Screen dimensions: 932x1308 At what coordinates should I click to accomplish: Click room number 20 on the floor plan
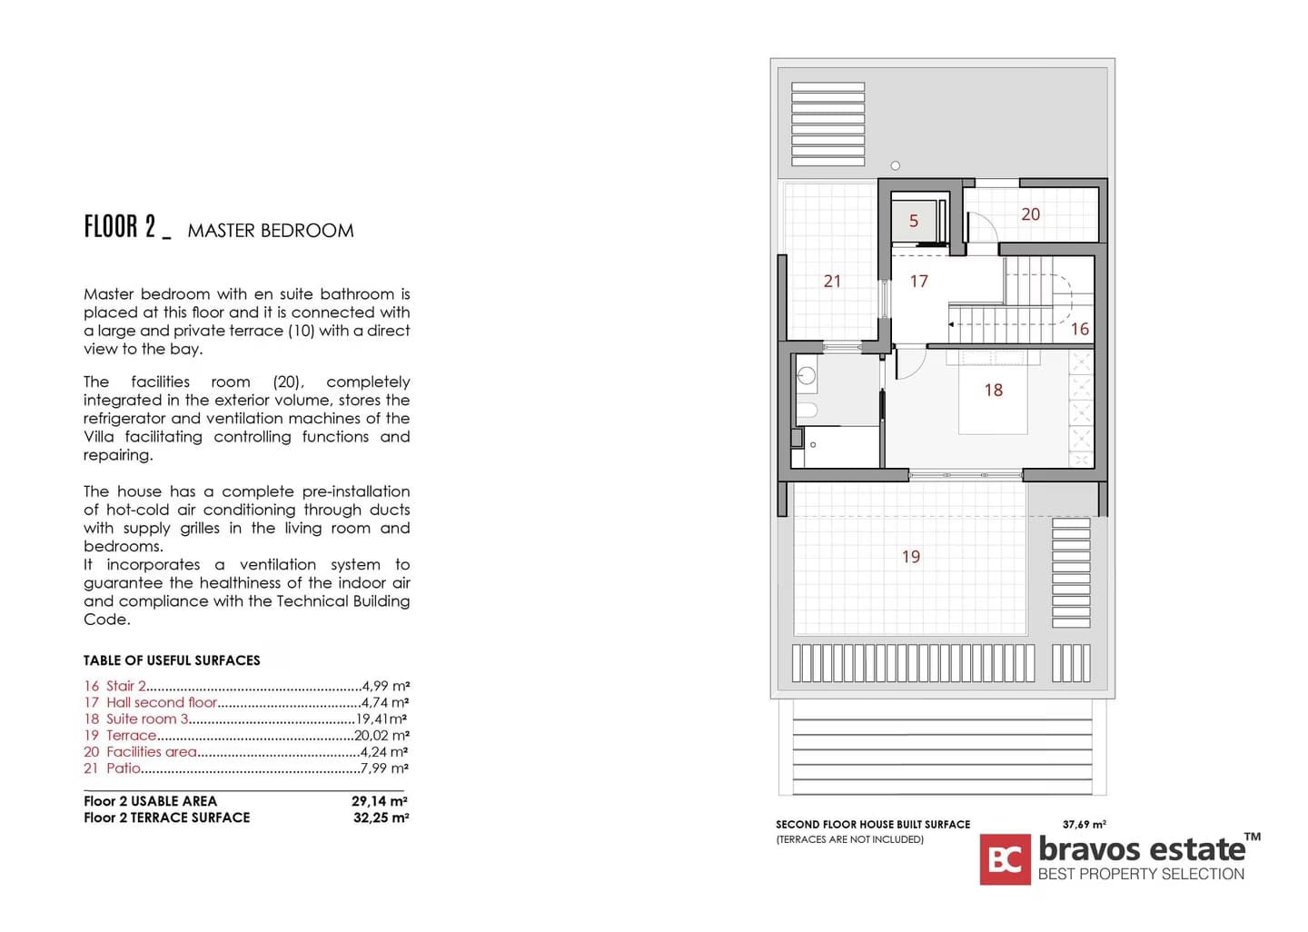[1030, 214]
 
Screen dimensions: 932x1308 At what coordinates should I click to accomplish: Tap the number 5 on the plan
[914, 221]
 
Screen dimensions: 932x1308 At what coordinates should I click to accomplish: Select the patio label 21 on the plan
[832, 282]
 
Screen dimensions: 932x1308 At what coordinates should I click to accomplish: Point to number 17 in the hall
[919, 282]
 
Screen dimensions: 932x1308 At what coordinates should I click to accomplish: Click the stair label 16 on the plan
[1079, 329]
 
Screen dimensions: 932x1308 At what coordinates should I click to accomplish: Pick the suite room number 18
[994, 391]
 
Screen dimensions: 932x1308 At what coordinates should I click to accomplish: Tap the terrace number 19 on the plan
[911, 557]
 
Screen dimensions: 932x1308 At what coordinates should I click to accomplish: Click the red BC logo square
[1005, 859]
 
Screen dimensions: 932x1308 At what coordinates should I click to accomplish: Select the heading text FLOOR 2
[120, 227]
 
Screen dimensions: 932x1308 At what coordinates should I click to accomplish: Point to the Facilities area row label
[151, 752]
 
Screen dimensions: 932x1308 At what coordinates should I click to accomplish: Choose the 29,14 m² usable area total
[380, 801]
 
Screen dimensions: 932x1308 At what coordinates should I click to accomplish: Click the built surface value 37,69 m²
[1084, 825]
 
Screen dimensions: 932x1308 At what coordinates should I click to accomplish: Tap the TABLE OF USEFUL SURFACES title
[172, 660]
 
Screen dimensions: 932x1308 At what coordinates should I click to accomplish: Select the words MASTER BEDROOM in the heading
[271, 231]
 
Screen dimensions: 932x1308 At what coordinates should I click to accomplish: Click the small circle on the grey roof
[896, 165]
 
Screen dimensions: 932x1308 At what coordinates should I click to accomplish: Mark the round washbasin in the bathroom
[805, 374]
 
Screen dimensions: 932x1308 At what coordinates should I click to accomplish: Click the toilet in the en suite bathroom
[807, 411]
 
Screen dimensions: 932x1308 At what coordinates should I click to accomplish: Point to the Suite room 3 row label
[147, 719]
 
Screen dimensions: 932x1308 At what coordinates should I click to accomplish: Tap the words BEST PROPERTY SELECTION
[1141, 874]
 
